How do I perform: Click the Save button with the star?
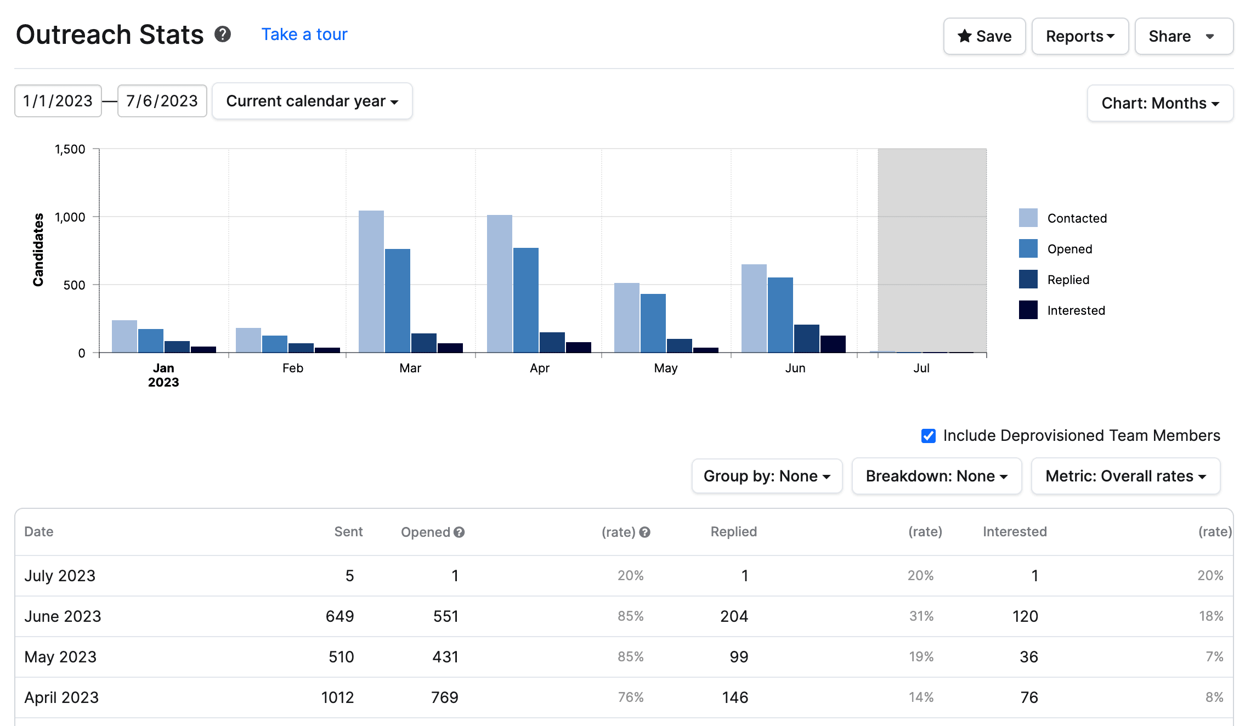(x=984, y=36)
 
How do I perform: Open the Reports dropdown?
(x=1079, y=36)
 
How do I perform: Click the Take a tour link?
(x=304, y=34)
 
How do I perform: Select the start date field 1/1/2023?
(x=58, y=101)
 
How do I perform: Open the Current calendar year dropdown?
(x=312, y=101)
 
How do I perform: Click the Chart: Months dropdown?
(x=1159, y=103)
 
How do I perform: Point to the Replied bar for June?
(x=806, y=338)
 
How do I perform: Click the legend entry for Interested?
(x=1075, y=310)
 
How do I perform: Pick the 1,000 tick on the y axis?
(x=70, y=217)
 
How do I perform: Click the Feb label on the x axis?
(x=292, y=368)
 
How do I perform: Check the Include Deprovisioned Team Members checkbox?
(x=928, y=436)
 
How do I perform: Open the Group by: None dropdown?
(x=766, y=476)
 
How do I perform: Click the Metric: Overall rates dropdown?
(x=1125, y=476)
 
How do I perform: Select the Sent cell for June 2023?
(x=339, y=616)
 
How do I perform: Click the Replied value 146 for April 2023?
(x=734, y=697)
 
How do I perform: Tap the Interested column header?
(x=1014, y=531)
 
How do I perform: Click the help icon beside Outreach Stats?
(x=223, y=34)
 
